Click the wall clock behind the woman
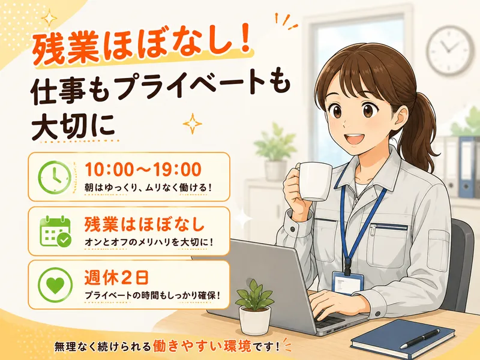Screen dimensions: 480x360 [x=450, y=50]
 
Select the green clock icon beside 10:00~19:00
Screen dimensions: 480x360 [x=55, y=177]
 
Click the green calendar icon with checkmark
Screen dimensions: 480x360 [x=55, y=231]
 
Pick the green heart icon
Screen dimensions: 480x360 [x=55, y=284]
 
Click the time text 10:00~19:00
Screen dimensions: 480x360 [x=143, y=169]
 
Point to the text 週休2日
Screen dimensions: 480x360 [x=116, y=278]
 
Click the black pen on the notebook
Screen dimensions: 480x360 [x=420, y=339]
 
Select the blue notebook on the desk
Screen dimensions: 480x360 [x=403, y=339]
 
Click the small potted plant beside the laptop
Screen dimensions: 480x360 [x=254, y=307]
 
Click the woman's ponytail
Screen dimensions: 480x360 [x=422, y=128]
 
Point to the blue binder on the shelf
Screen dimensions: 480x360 [x=466, y=167]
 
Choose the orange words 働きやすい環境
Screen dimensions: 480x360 [x=202, y=346]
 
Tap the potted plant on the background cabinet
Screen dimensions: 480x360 [x=275, y=152]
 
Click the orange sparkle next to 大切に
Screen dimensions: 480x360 [x=192, y=124]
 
